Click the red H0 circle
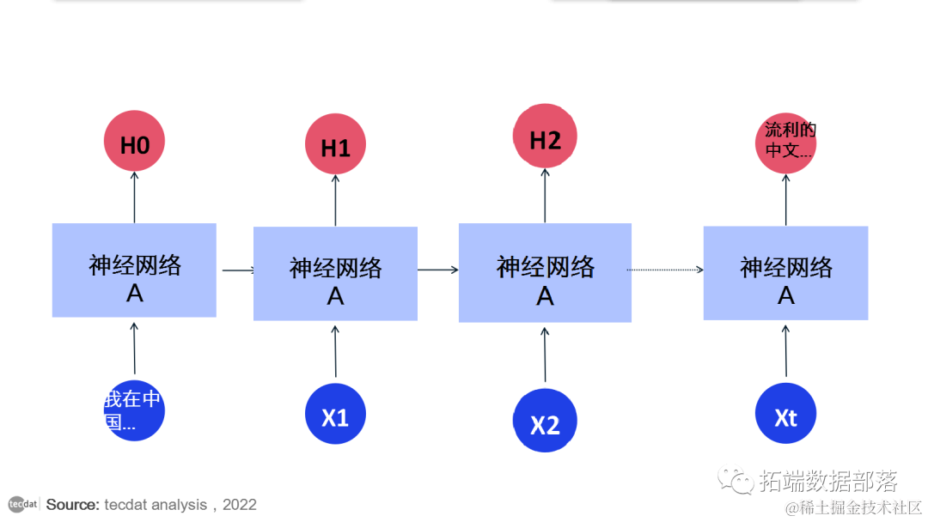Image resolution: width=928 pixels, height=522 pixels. pyautogui.click(x=134, y=143)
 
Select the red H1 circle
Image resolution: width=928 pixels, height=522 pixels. pyautogui.click(x=335, y=147)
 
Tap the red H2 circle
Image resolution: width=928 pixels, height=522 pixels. pyautogui.click(x=545, y=140)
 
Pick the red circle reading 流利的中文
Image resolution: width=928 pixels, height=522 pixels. pyautogui.click(x=786, y=143)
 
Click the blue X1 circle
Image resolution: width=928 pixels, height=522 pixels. pyautogui.click(x=335, y=416)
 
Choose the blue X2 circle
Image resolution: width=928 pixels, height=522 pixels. pyautogui.click(x=545, y=422)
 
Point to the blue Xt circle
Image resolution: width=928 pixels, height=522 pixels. pyautogui.click(x=785, y=416)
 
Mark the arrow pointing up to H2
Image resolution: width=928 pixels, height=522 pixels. pyautogui.click(x=545, y=196)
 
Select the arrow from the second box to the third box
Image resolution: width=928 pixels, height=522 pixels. pyautogui.click(x=438, y=270)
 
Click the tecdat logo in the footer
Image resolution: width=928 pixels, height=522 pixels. pyautogui.click(x=23, y=504)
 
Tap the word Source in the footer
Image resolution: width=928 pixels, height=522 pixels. pyautogui.click(x=72, y=505)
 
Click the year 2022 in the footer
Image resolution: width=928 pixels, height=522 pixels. pyautogui.click(x=240, y=505)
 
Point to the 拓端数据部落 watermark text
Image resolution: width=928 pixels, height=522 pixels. pyautogui.click(x=828, y=482)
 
